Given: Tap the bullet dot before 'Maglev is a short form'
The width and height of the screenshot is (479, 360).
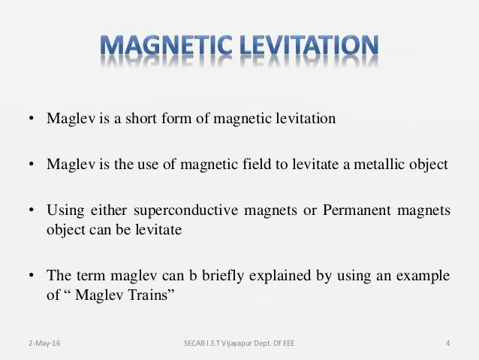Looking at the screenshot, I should pos(32,119).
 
